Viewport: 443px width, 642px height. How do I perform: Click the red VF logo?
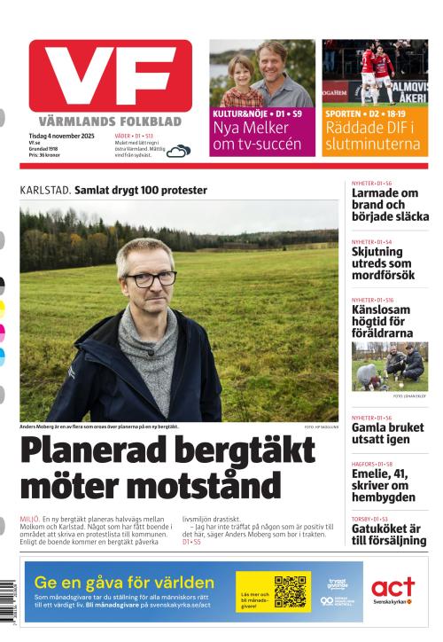(x=110, y=76)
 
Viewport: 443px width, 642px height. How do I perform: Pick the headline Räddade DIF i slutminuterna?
(x=375, y=136)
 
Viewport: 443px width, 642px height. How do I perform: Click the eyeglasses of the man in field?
(x=151, y=278)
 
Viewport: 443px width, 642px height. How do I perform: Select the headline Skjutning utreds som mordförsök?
(x=382, y=263)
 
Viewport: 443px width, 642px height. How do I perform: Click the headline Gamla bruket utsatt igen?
(x=387, y=433)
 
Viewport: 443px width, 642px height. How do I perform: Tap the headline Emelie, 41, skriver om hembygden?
(x=384, y=484)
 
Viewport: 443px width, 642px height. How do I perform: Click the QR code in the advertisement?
(x=291, y=591)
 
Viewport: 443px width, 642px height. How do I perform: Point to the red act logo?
(x=392, y=587)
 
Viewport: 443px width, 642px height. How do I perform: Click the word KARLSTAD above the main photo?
(x=45, y=190)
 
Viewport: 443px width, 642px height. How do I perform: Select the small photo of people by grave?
(x=389, y=366)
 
